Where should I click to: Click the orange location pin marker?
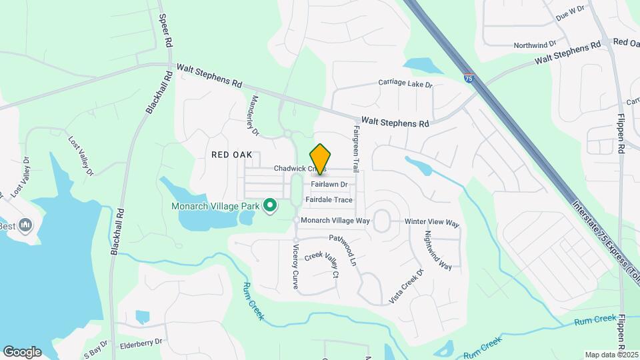(x=321, y=159)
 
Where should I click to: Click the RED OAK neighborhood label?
(x=231, y=154)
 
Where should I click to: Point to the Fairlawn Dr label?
(x=329, y=184)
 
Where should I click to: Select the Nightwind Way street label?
(x=438, y=250)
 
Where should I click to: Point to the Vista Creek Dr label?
(x=407, y=286)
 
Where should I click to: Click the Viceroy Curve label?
(x=296, y=266)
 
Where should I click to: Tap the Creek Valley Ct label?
(x=323, y=264)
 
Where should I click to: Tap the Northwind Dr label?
(x=535, y=45)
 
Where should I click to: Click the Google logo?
(x=22, y=352)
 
